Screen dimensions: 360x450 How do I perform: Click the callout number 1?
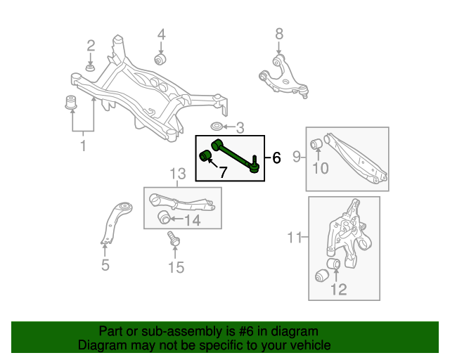(83, 146)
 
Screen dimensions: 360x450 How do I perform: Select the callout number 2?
(91, 46)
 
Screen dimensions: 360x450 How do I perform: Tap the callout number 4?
(161, 34)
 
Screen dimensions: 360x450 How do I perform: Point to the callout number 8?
(278, 33)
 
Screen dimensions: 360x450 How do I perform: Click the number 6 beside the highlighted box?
(276, 159)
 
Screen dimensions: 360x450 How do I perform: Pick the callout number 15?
(175, 267)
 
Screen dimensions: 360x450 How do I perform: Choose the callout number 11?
(294, 239)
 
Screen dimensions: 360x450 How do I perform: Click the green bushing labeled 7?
(207, 155)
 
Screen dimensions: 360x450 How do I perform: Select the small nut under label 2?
(91, 67)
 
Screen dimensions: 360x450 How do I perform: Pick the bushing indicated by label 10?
(317, 145)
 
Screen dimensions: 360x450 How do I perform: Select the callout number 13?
(177, 174)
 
